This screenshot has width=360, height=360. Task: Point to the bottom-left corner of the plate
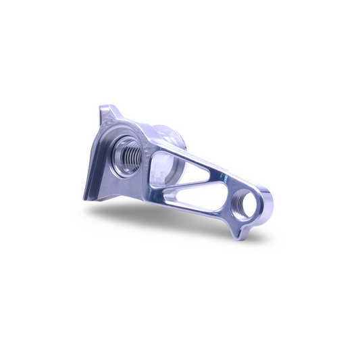click(x=86, y=199)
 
